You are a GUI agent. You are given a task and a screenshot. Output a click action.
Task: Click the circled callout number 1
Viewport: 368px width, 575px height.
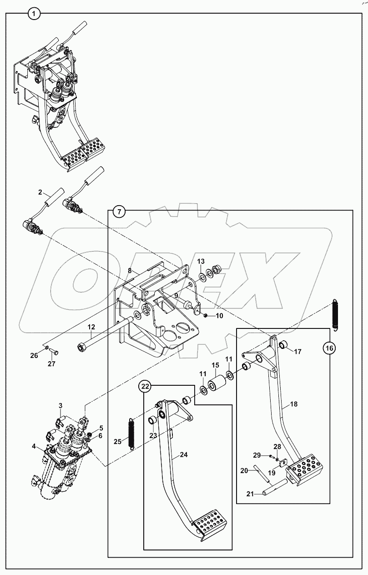click(x=34, y=14)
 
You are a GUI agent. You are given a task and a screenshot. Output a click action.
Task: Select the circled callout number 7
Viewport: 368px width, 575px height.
click(x=118, y=211)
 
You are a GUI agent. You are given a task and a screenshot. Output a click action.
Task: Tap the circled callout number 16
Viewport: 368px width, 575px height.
click(x=329, y=348)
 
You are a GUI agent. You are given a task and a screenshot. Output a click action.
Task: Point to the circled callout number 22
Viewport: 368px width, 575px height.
click(x=145, y=386)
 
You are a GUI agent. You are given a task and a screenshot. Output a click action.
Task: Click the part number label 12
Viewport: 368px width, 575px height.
click(x=91, y=327)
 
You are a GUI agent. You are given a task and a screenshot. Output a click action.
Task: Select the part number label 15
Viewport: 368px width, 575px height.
click(x=215, y=365)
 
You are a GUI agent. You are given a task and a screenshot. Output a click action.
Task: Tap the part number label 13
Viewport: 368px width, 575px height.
click(x=201, y=261)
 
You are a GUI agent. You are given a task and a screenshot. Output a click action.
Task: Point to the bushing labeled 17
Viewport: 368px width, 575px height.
click(x=283, y=344)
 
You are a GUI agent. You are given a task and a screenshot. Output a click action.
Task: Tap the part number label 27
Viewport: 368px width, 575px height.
click(x=51, y=364)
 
